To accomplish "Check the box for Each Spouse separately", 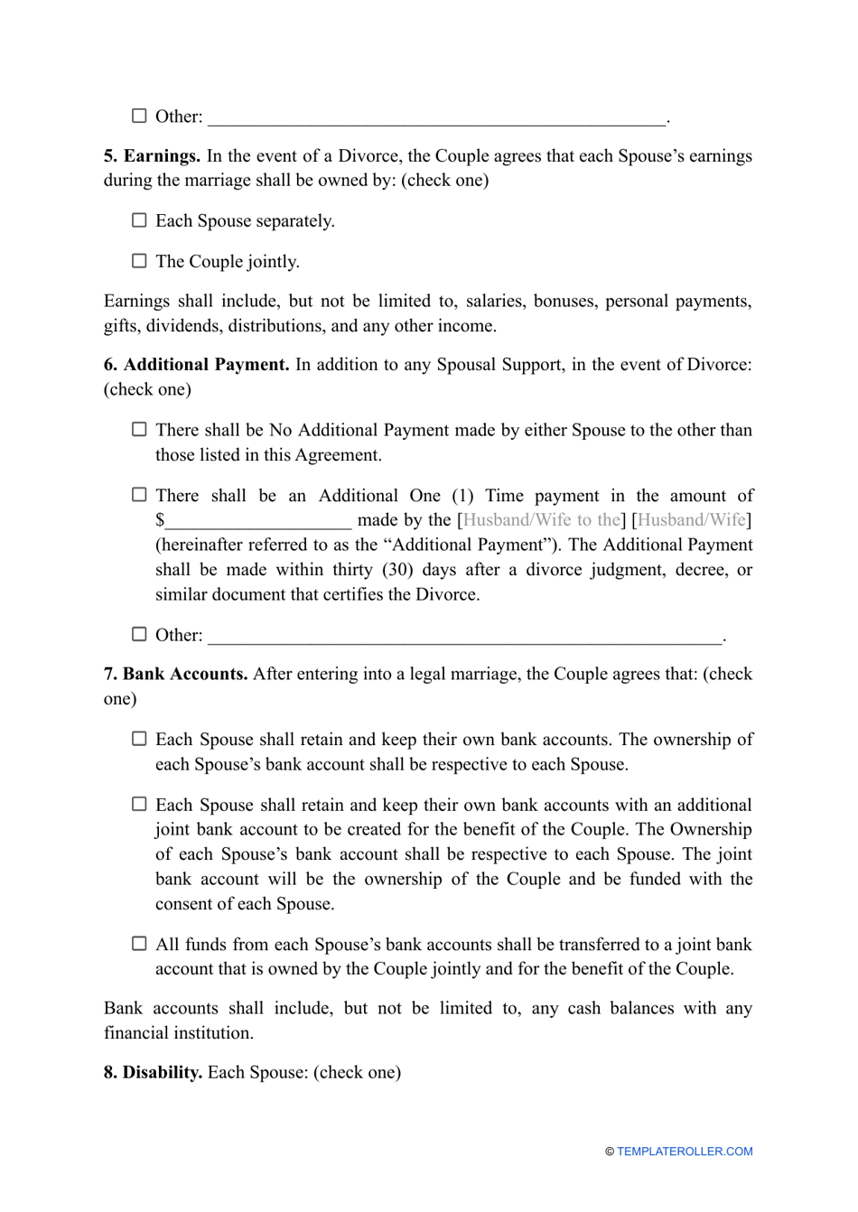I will tap(139, 220).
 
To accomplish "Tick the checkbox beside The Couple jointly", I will tap(139, 261).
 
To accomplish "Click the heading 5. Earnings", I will tap(152, 156).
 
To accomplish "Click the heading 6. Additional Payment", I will tap(196, 365).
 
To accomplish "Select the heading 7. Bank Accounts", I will tap(175, 674).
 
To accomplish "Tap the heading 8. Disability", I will tap(153, 1072).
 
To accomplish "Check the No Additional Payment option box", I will tap(139, 430).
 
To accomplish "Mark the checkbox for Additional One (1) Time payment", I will tap(139, 495).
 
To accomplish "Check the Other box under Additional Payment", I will tap(139, 635).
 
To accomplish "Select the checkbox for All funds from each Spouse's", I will tap(139, 944).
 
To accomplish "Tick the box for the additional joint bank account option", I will tap(139, 804).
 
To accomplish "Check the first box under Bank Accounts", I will tap(139, 739).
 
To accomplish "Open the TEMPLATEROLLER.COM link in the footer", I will tap(684, 1151).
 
